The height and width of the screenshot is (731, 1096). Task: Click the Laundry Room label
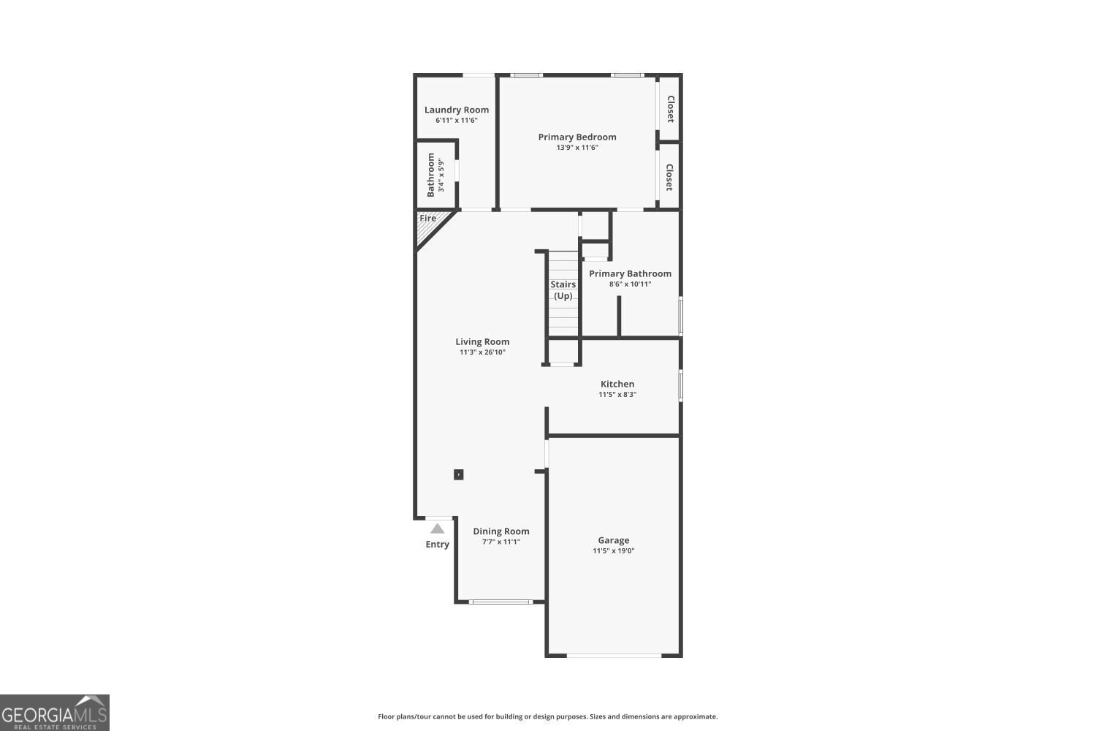click(457, 110)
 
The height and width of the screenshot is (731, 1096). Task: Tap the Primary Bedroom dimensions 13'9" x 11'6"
click(577, 148)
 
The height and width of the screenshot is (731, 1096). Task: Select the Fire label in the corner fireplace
click(427, 219)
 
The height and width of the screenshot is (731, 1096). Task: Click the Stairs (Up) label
click(563, 290)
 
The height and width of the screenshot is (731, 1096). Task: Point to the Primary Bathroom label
click(630, 273)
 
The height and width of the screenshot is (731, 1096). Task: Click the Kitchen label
click(617, 384)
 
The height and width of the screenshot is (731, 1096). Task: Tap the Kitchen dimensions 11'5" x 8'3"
click(617, 394)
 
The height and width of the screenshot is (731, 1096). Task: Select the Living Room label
click(482, 342)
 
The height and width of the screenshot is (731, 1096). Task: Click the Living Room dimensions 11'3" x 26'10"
click(482, 352)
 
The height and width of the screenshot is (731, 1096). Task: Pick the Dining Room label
click(501, 531)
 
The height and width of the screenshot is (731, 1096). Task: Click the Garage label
click(614, 540)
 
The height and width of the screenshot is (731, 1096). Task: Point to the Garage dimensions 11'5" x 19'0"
click(614, 551)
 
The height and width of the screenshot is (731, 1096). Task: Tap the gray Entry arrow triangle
click(438, 529)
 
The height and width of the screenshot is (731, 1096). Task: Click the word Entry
click(438, 545)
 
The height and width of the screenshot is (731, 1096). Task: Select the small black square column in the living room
click(458, 474)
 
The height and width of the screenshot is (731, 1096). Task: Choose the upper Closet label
click(671, 109)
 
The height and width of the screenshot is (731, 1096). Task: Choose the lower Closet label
click(669, 177)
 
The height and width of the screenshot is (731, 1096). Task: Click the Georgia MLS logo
click(54, 713)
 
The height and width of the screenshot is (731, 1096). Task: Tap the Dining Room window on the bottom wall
click(501, 602)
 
